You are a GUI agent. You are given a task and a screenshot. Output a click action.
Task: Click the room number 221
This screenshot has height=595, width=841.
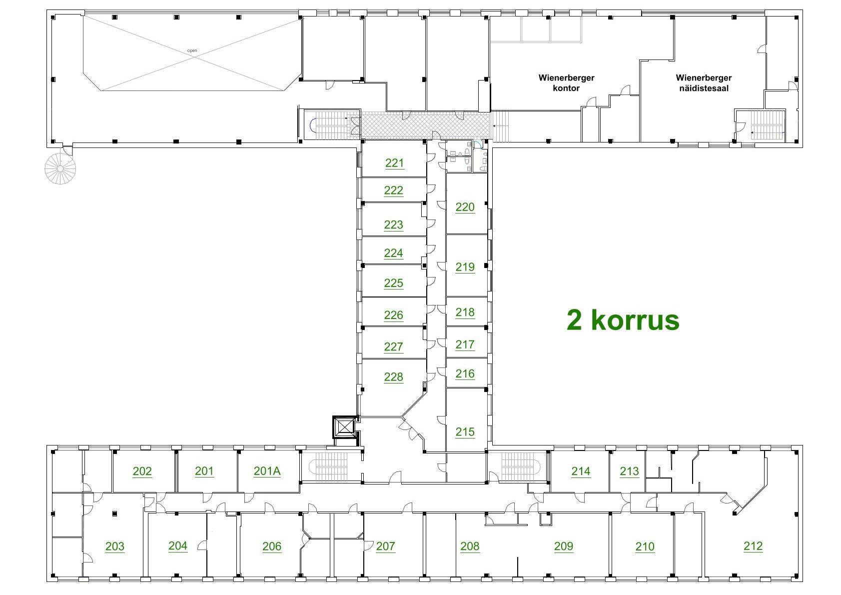tap(394, 163)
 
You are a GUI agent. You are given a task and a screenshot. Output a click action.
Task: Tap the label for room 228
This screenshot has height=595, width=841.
tap(393, 377)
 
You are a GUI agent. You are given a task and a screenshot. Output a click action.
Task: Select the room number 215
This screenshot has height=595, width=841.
tap(465, 432)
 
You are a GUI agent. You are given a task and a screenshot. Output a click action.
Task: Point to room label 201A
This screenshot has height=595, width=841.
tap(267, 471)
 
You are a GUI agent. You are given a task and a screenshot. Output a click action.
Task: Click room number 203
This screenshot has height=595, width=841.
tap(114, 546)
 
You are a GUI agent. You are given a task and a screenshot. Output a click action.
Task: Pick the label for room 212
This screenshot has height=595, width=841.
tap(753, 546)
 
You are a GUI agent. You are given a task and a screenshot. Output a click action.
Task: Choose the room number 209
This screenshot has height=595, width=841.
tap(564, 546)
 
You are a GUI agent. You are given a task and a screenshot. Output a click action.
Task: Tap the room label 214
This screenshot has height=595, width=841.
tap(581, 471)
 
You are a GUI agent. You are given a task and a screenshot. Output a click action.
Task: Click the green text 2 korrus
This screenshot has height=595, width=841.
tap(623, 320)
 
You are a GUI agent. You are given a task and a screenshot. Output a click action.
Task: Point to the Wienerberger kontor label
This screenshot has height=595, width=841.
tap(566, 83)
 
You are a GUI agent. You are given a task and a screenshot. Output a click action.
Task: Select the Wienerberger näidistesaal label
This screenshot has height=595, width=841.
tap(704, 83)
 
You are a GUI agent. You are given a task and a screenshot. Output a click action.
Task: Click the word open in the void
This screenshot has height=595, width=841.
tap(192, 50)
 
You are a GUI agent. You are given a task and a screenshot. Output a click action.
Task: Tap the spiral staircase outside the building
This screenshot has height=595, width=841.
tap(60, 168)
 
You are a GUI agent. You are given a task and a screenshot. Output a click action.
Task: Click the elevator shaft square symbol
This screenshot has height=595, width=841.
tap(345, 427)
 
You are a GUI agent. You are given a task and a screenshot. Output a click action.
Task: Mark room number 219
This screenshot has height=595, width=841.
tap(465, 267)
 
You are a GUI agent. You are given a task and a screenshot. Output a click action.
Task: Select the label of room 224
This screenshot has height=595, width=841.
tap(393, 253)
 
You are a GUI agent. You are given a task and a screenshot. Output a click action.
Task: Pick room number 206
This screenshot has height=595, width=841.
tap(271, 546)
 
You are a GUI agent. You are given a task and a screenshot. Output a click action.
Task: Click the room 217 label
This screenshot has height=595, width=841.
tap(465, 344)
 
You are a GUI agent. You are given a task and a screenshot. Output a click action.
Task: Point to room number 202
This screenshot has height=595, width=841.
tap(142, 471)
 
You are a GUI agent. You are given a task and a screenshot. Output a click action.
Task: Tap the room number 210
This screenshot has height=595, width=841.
tap(645, 546)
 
